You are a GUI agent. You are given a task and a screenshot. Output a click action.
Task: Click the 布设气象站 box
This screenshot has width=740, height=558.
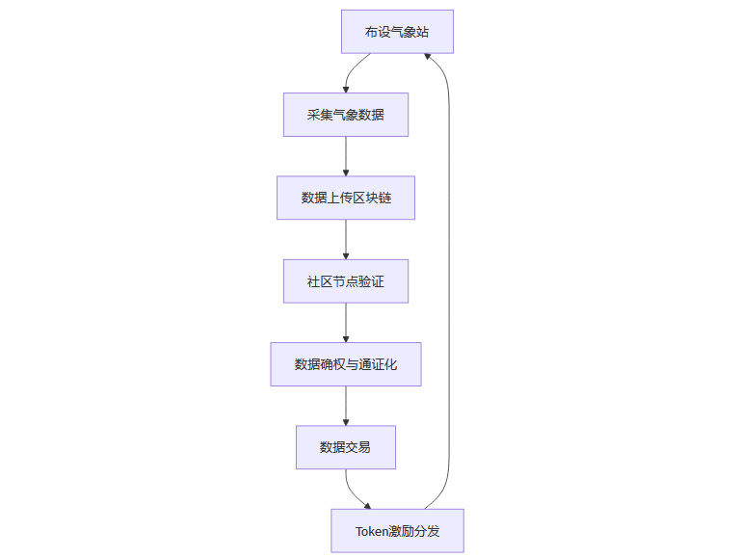(397, 32)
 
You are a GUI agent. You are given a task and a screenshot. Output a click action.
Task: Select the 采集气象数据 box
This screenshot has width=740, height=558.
(345, 115)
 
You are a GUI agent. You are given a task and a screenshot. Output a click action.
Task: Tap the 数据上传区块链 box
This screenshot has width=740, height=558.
(345, 198)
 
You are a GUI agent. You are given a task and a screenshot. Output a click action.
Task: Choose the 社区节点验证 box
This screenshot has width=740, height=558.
(345, 281)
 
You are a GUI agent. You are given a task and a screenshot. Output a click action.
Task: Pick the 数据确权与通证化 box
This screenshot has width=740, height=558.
(345, 364)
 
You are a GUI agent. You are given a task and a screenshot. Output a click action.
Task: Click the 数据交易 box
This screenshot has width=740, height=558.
(345, 447)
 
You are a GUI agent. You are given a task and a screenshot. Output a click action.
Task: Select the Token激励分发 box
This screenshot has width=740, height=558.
(397, 531)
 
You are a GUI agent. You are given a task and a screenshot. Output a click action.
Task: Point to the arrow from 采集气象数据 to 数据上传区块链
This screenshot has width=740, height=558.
(345, 156)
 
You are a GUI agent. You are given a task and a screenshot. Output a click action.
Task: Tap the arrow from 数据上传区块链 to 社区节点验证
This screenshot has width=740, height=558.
(345, 239)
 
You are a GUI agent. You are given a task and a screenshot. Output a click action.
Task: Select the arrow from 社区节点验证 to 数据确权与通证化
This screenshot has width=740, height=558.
(345, 323)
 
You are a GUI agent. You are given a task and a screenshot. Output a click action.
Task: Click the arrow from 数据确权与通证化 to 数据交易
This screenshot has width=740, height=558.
(345, 406)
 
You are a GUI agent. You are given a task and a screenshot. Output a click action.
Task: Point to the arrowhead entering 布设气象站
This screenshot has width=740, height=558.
(429, 59)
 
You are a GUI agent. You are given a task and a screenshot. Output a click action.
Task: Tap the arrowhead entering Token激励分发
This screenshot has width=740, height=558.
(366, 504)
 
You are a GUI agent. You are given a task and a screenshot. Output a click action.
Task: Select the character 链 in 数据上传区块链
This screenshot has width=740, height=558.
(383, 198)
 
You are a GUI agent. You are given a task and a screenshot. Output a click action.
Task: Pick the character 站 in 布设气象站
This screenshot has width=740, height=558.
(422, 32)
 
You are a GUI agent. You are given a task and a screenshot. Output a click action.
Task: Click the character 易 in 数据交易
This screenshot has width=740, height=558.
(364, 447)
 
